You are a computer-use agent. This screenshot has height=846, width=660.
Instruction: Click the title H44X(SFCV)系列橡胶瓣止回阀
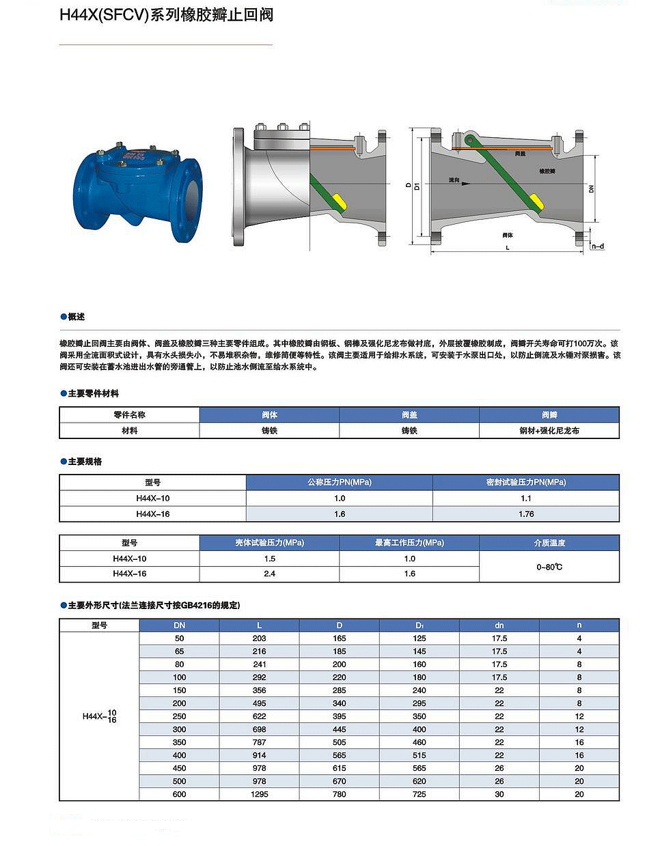166,15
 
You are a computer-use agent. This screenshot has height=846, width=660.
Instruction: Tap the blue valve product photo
137,192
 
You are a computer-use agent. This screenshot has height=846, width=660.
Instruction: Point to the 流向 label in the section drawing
454,180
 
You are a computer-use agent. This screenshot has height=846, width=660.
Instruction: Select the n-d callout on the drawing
598,246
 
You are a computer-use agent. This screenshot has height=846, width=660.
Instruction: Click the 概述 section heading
76,317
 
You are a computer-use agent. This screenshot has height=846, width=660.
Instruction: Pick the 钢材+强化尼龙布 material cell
549,431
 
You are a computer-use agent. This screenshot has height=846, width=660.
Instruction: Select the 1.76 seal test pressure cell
526,514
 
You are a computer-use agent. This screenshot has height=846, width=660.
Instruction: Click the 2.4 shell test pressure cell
269,574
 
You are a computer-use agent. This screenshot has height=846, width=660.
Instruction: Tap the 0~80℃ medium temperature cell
549,567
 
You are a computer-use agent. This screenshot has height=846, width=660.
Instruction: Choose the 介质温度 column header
549,543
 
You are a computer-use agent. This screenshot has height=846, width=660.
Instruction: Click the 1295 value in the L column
260,794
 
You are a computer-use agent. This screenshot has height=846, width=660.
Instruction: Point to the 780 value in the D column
340,794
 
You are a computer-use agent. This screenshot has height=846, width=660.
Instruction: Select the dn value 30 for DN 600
499,794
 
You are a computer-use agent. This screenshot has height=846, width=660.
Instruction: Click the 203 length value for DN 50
260,638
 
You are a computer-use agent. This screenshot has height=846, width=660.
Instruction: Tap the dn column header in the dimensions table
499,625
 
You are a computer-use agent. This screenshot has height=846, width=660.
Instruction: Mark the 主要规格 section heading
85,462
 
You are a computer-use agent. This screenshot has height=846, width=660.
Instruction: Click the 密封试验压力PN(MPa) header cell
526,482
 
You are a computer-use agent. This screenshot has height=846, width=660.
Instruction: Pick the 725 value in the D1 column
420,794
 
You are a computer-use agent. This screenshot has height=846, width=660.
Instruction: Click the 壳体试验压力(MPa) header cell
269,543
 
